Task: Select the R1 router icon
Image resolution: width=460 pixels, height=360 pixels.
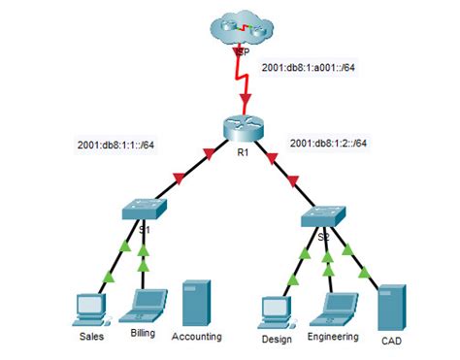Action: (x=236, y=128)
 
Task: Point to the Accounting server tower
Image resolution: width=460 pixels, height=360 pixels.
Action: (x=197, y=303)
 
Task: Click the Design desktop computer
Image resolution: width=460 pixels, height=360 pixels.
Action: (x=277, y=311)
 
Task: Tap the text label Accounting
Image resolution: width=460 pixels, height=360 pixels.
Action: (x=196, y=337)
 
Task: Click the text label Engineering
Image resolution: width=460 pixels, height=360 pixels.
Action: (x=332, y=337)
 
